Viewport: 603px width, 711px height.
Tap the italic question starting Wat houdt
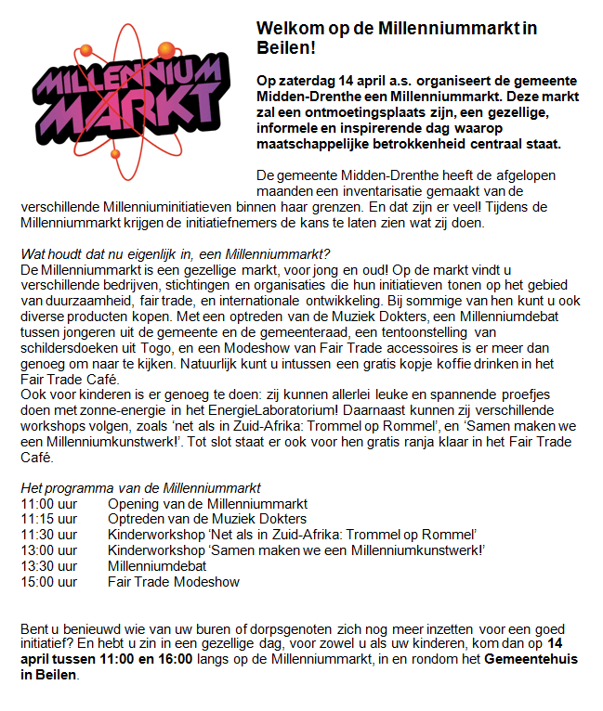click(176, 253)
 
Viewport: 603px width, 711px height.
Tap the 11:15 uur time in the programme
click(48, 519)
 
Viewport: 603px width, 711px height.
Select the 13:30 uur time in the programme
click(48, 565)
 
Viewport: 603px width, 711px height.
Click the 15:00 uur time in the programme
click(48, 581)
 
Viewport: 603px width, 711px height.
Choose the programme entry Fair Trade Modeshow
click(174, 581)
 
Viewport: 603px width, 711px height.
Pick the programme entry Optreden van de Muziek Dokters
click(206, 519)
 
